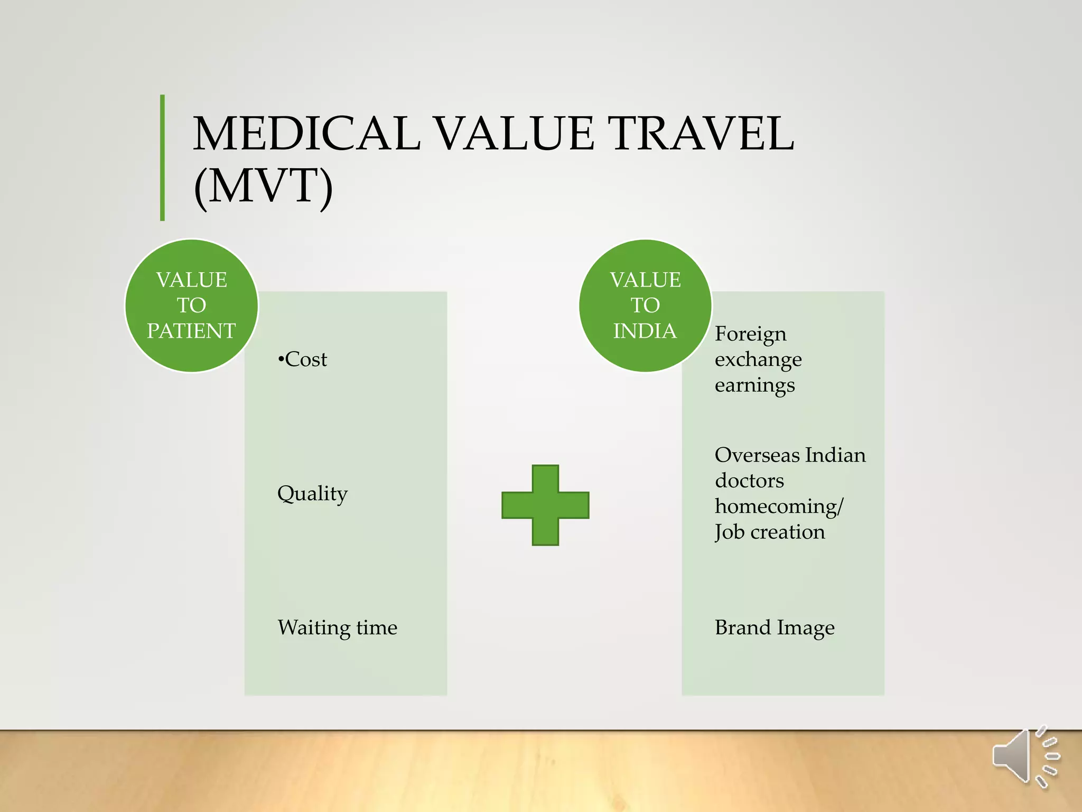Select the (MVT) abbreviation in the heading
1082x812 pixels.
(x=263, y=186)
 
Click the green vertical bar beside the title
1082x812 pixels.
(x=162, y=158)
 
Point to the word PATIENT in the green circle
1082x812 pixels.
(x=191, y=331)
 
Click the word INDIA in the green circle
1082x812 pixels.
(x=645, y=331)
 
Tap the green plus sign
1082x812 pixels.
(x=545, y=505)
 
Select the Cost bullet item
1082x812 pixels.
(x=303, y=359)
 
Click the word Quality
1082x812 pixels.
(x=312, y=494)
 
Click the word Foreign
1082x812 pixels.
(x=750, y=334)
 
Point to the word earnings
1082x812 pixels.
(x=754, y=385)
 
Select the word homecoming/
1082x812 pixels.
(x=779, y=506)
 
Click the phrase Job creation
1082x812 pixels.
(x=770, y=532)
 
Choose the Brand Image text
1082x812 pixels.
(x=775, y=628)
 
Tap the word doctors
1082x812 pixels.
(x=749, y=481)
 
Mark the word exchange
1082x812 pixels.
(x=758, y=359)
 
